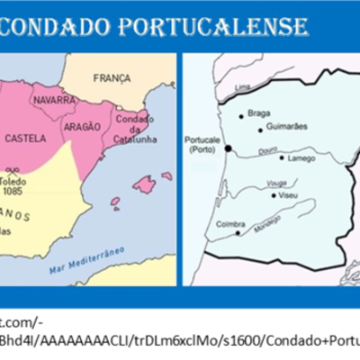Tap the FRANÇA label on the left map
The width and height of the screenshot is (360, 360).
coord(112,78)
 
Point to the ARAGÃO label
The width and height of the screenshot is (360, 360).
coord(82,129)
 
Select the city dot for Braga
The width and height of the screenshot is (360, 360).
coord(240,115)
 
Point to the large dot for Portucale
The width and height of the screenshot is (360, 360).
coord(228,148)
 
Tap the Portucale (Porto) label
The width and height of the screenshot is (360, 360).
coord(202,145)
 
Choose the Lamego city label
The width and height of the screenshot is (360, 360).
coord(301,159)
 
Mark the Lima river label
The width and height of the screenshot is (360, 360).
coord(242,87)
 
